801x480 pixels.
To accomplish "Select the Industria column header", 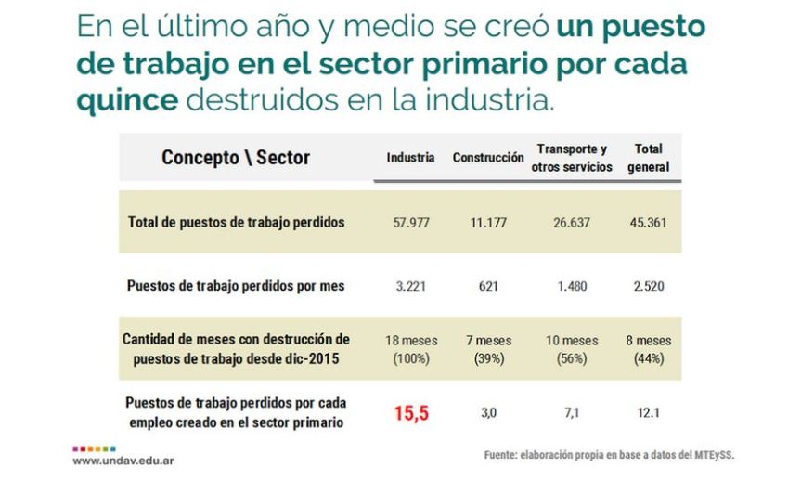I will (x=410, y=158).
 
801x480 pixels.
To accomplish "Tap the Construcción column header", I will (x=488, y=158).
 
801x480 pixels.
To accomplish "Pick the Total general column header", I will (x=647, y=158).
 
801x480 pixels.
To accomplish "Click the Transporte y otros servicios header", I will (x=572, y=158).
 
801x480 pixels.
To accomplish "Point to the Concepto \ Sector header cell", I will (x=236, y=158).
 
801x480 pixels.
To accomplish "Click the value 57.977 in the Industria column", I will (x=410, y=223).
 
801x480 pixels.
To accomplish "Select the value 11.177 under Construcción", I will (x=488, y=223).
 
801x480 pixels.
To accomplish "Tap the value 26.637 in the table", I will (x=572, y=223).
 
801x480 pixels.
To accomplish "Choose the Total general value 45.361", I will (x=647, y=223).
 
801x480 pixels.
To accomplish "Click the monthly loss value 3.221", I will (x=410, y=287).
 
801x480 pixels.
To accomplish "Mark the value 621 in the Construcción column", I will (x=488, y=287).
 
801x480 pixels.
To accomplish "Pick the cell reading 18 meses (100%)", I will (x=410, y=349).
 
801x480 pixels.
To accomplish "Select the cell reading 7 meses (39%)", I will (x=488, y=349).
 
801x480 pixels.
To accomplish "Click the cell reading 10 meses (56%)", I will (x=572, y=349).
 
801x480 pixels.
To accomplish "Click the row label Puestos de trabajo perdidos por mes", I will (x=236, y=287).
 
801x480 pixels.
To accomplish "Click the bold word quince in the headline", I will (x=127, y=99).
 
